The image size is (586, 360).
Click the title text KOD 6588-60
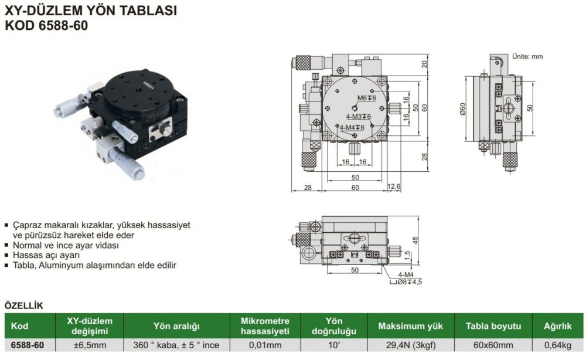46,25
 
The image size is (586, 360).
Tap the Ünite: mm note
527,56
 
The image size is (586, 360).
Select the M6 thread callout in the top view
367,98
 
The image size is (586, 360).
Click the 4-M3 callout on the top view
359,117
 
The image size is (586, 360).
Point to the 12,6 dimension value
394,186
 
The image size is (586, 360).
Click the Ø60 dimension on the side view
463,109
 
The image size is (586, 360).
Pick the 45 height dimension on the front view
415,240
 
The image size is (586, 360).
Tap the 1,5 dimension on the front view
407,255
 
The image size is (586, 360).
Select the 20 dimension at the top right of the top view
424,64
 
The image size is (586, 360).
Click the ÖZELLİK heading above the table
24,305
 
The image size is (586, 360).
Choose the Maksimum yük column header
410,326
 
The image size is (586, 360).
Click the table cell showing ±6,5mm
90,345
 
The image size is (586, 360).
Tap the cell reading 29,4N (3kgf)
411,345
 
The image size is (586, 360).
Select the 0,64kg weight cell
558,345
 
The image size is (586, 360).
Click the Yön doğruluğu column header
334,326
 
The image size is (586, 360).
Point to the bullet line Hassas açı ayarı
46,255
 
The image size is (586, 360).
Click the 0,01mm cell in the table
265,345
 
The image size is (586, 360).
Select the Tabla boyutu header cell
493,326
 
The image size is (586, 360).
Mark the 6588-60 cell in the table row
28,345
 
